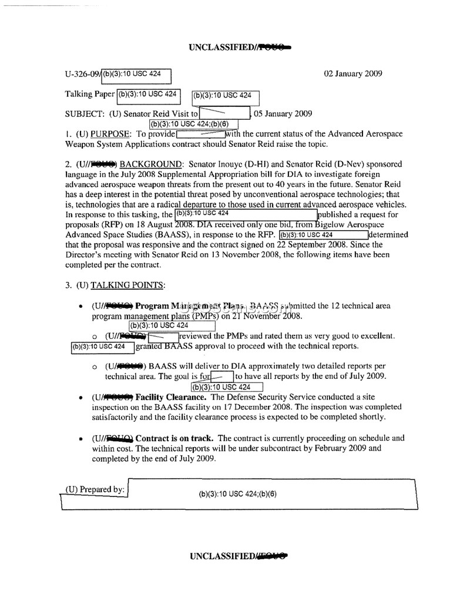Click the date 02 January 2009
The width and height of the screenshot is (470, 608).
(353, 74)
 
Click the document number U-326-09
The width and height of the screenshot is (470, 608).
(82, 75)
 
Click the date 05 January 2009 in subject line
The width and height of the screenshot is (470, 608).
(282, 114)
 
